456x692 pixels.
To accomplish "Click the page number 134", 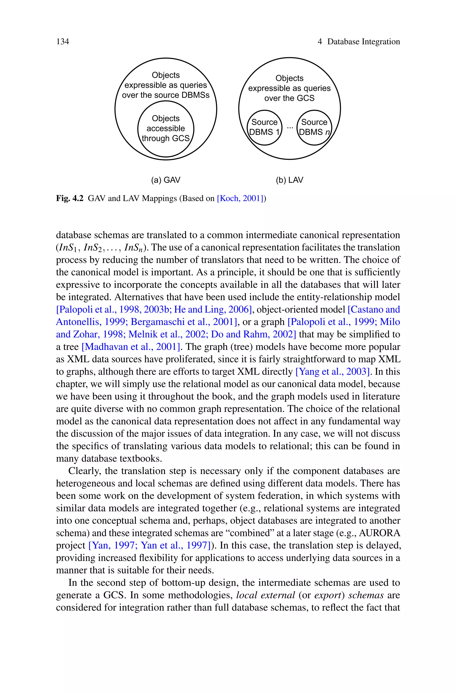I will [63, 42].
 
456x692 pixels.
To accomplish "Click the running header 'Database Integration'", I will [364, 42].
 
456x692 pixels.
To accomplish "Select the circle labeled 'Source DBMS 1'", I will [264, 127].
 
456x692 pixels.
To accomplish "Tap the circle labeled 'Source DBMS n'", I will [314, 127].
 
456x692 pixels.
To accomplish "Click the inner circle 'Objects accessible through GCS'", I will [165, 129].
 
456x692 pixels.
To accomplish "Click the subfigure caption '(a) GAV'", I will [165, 180].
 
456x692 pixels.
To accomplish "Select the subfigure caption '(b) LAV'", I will [289, 180].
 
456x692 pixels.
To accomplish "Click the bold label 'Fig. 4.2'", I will [70, 199].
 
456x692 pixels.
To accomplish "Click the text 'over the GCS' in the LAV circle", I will [289, 98].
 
